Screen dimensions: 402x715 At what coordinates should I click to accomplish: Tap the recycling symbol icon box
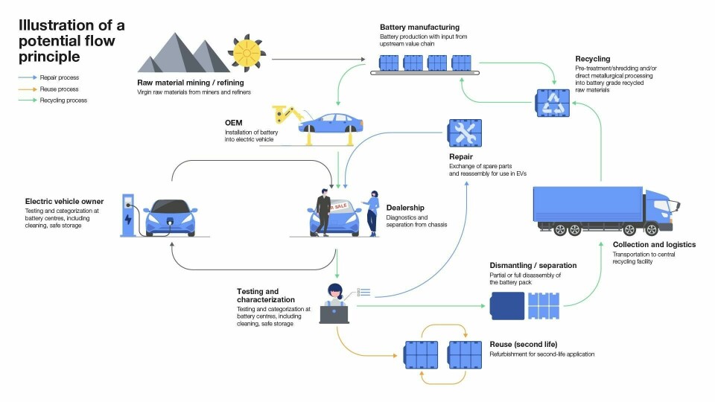tap(553, 103)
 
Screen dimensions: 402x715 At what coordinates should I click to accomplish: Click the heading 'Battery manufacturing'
tap(419, 28)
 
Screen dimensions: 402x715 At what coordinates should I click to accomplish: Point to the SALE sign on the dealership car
tap(340, 205)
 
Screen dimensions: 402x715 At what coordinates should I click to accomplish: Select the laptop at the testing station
tap(334, 313)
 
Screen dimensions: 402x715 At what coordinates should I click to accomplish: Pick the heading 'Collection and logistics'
tap(654, 245)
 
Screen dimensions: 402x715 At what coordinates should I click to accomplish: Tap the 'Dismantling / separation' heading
tap(533, 265)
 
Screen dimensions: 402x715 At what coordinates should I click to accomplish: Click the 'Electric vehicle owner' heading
tap(64, 201)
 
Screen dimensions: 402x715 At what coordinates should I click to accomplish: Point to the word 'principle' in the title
tap(48, 56)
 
